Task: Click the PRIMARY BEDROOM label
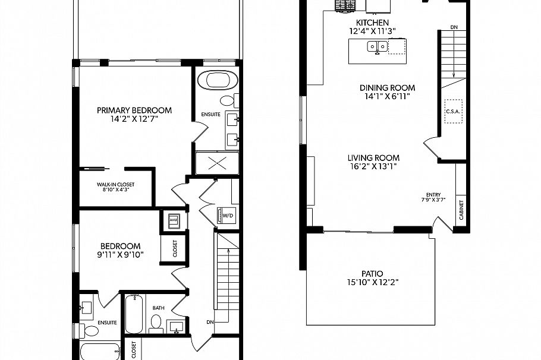click(134, 110)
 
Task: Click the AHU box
click(174, 220)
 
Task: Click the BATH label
click(159, 308)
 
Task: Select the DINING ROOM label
click(387, 87)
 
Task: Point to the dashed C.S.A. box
click(454, 111)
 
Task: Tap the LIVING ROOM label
click(373, 158)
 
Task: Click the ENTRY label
click(433, 194)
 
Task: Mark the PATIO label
click(371, 274)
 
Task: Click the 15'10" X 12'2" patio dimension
click(371, 283)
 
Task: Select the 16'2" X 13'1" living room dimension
click(373, 167)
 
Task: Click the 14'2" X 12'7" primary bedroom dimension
click(134, 119)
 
